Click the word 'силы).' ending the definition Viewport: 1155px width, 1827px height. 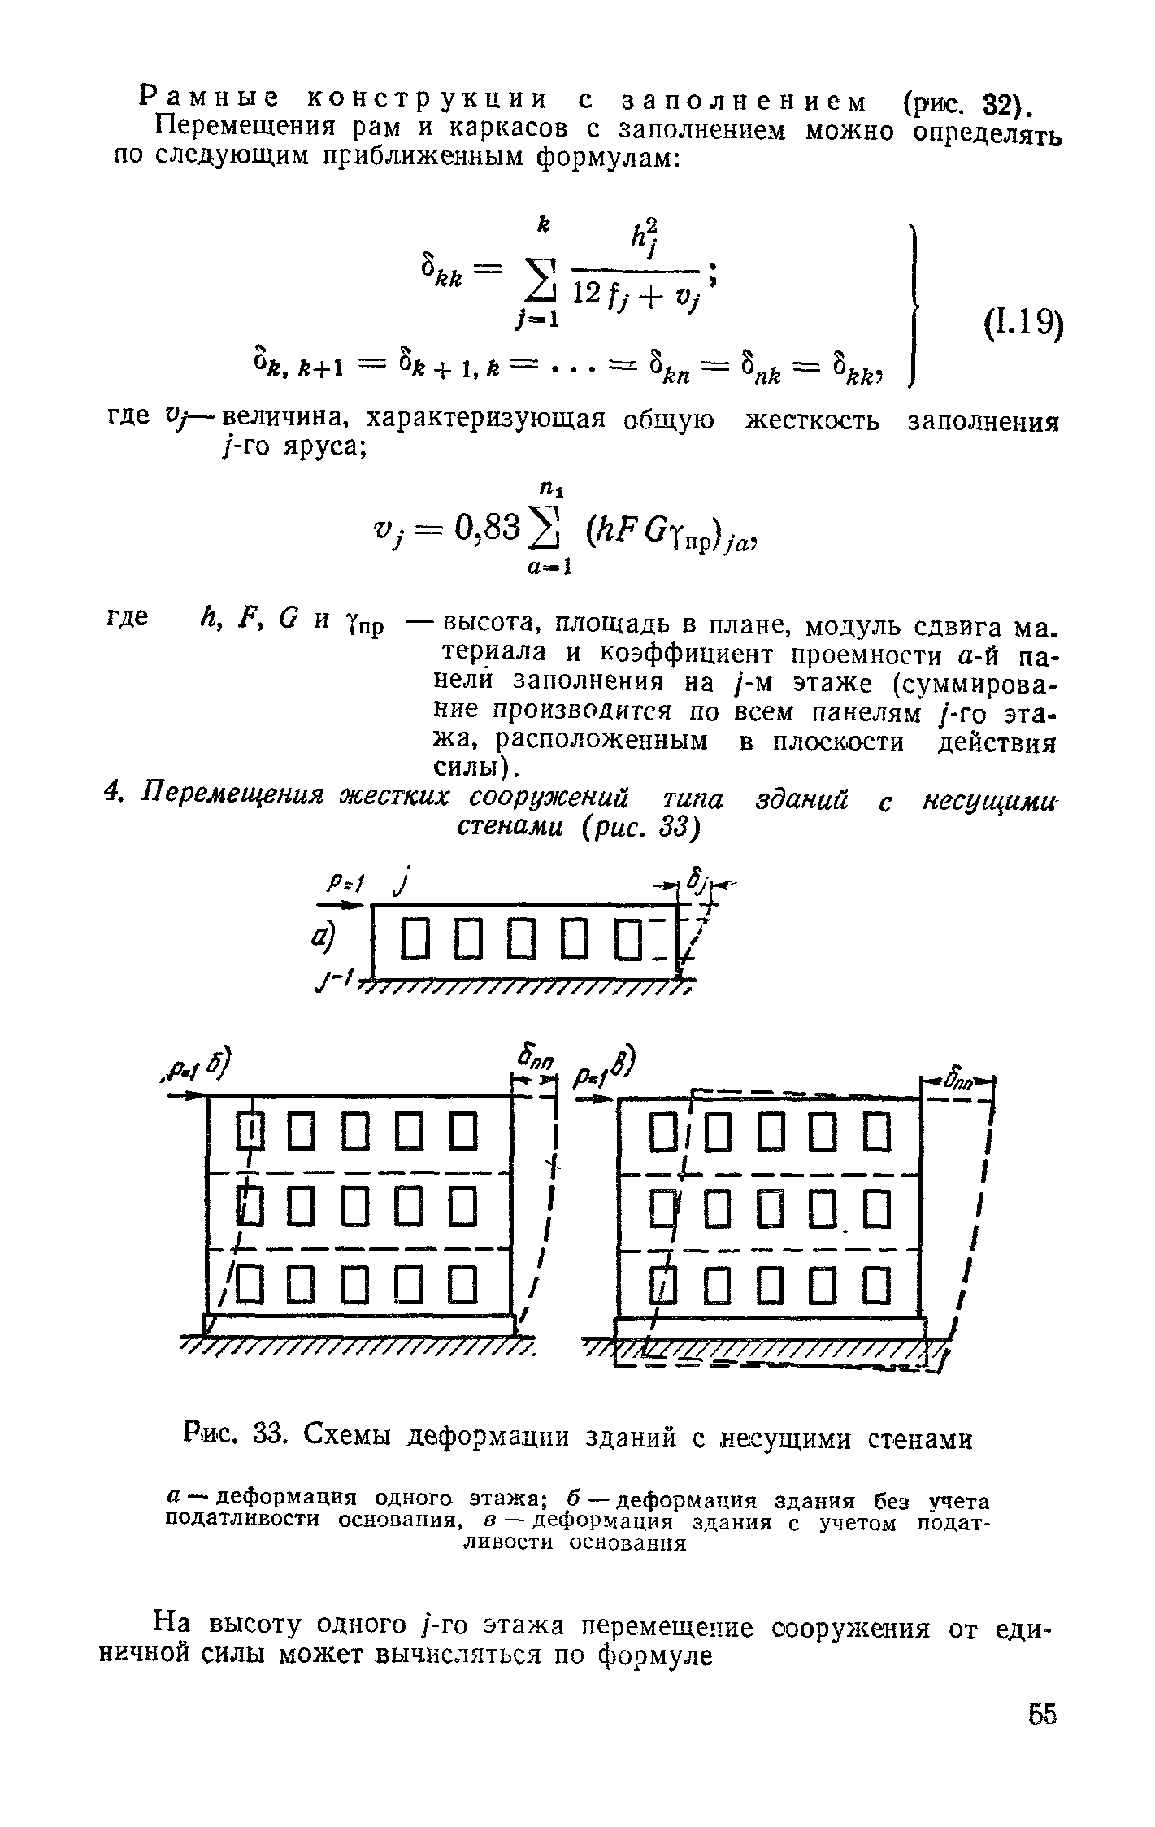(474, 767)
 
